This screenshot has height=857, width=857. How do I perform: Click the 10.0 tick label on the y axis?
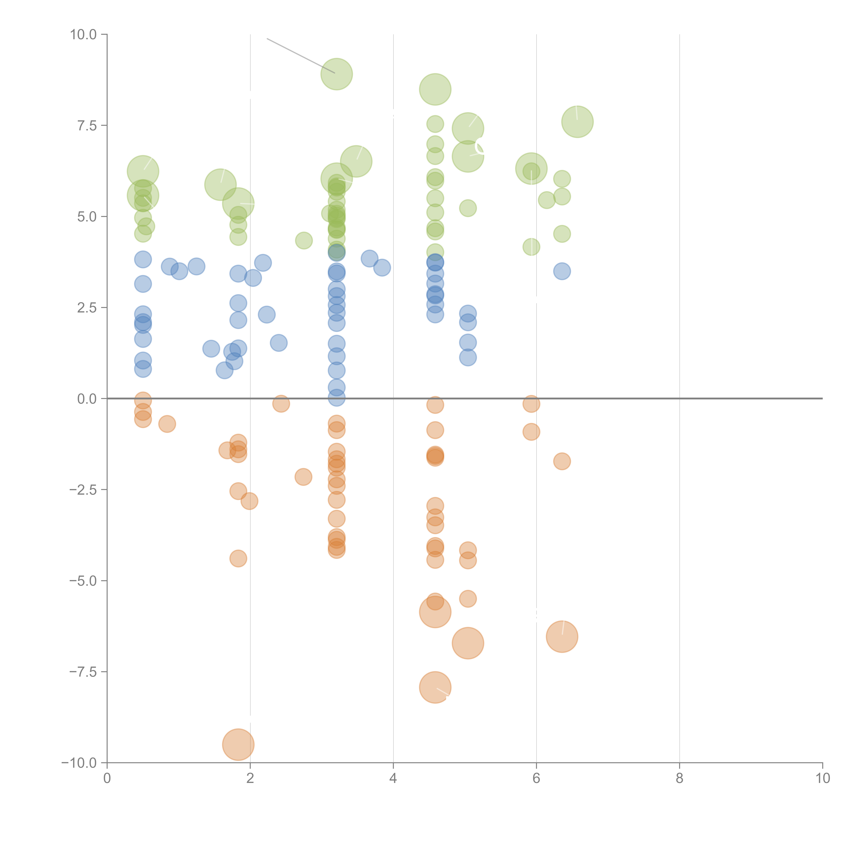tap(83, 35)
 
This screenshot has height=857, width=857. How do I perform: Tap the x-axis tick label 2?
tap(250, 778)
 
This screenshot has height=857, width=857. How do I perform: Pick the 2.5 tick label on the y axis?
tap(87, 308)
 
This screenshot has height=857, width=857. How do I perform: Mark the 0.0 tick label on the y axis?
tap(87, 399)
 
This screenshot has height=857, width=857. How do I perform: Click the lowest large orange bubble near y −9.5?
tap(238, 745)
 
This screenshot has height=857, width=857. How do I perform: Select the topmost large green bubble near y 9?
tap(337, 74)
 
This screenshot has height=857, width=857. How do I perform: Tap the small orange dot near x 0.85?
tap(167, 424)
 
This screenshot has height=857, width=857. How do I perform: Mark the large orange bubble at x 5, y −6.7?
tap(468, 643)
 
